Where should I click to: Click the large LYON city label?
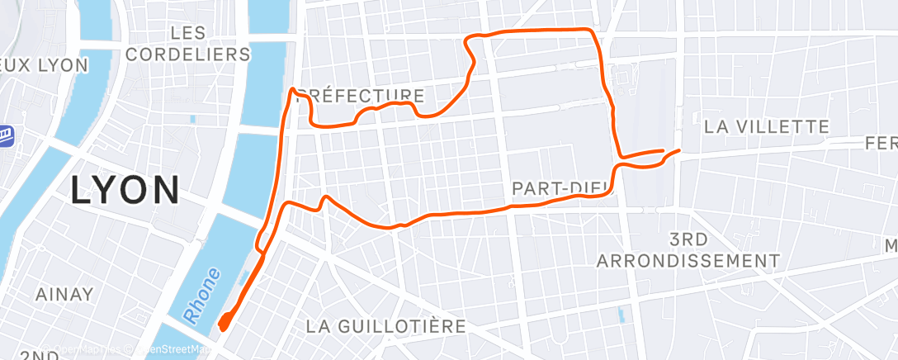[x=125, y=190]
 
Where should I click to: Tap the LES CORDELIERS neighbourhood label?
[x=210, y=44]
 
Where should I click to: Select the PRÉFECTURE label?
[x=361, y=96]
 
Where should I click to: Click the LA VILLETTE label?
[x=766, y=127]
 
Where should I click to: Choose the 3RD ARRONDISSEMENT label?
[x=688, y=250]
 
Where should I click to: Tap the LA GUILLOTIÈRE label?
[x=386, y=325]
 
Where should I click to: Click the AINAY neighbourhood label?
[x=64, y=294]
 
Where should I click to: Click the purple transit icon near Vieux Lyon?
[x=5, y=133]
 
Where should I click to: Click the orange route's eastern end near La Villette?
[x=678, y=151]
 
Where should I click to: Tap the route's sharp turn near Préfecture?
[x=293, y=90]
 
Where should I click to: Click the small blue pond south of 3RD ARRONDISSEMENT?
[x=622, y=315]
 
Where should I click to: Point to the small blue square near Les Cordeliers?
[x=192, y=119]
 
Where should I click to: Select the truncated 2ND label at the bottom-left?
[x=36, y=355]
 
